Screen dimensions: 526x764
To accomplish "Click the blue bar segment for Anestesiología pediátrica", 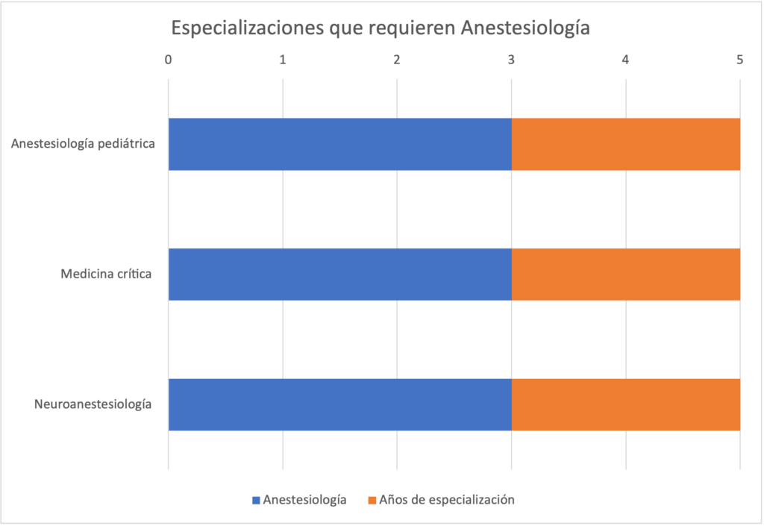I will tap(339, 144).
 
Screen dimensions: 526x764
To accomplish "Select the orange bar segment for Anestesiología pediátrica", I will tap(625, 144).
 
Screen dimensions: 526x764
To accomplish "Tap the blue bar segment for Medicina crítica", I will tap(339, 275).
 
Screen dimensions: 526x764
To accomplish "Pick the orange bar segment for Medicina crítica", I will tap(625, 275).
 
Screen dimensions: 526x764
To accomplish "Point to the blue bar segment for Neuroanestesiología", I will tap(339, 404).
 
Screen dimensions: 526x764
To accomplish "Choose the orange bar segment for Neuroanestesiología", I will tap(625, 404).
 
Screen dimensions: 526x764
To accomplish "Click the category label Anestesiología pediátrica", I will tap(83, 144).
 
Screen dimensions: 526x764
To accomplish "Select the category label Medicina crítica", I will tap(106, 275).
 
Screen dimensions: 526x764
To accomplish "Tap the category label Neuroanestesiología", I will tap(93, 404).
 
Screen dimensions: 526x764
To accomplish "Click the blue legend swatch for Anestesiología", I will tap(256, 500).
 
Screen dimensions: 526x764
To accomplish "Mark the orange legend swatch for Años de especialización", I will tap(372, 500).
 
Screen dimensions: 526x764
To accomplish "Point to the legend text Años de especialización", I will tap(447, 500).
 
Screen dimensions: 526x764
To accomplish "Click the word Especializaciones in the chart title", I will tap(245, 28).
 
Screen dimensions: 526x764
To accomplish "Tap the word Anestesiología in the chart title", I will tap(525, 28).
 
